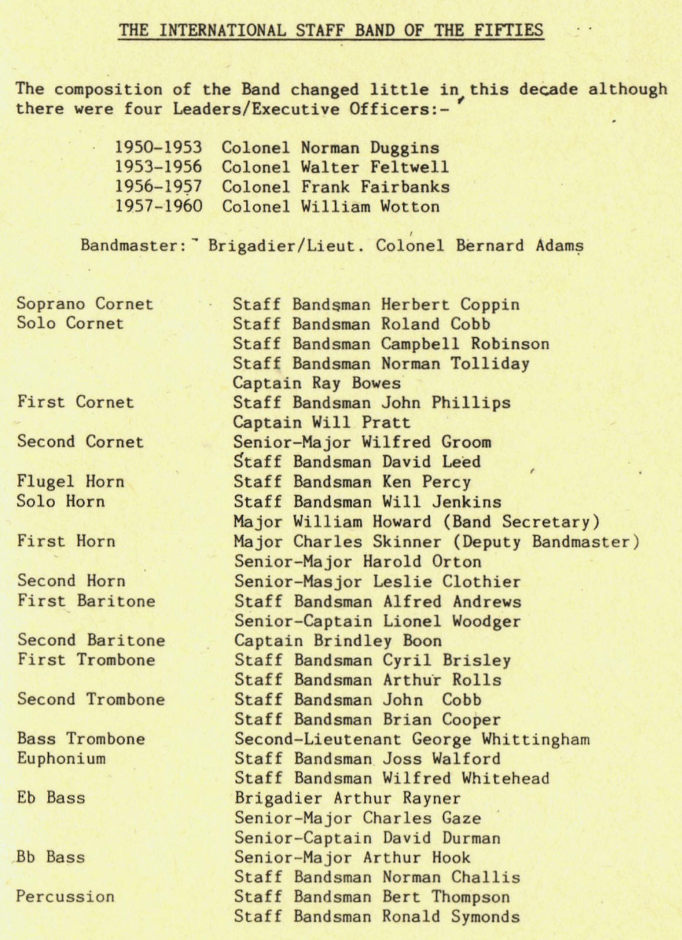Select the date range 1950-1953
tap(158, 148)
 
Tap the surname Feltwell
tap(404, 167)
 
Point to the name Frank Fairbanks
tap(376, 187)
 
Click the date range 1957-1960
tap(158, 207)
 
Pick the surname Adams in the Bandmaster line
tap(559, 246)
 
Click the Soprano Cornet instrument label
tap(85, 304)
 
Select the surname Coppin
tap(490, 305)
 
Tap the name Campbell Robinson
tap(465, 344)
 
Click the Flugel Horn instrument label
tap(71, 482)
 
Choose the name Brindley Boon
tap(377, 641)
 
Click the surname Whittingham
tap(536, 739)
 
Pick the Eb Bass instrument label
tap(51, 798)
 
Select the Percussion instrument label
tap(65, 897)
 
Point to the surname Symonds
tap(486, 916)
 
